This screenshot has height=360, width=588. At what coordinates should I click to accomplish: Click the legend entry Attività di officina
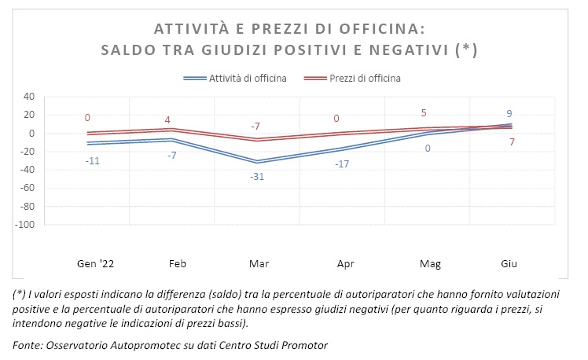(247, 78)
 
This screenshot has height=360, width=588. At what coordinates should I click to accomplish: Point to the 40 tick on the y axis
(30, 97)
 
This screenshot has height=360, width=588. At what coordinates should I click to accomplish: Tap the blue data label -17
(341, 163)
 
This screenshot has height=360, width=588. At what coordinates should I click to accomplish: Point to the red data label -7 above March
(256, 126)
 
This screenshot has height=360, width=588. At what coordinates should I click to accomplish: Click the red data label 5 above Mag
(424, 112)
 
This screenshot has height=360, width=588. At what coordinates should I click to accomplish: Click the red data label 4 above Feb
(167, 119)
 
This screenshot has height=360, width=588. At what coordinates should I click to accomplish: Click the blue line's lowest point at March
(256, 161)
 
